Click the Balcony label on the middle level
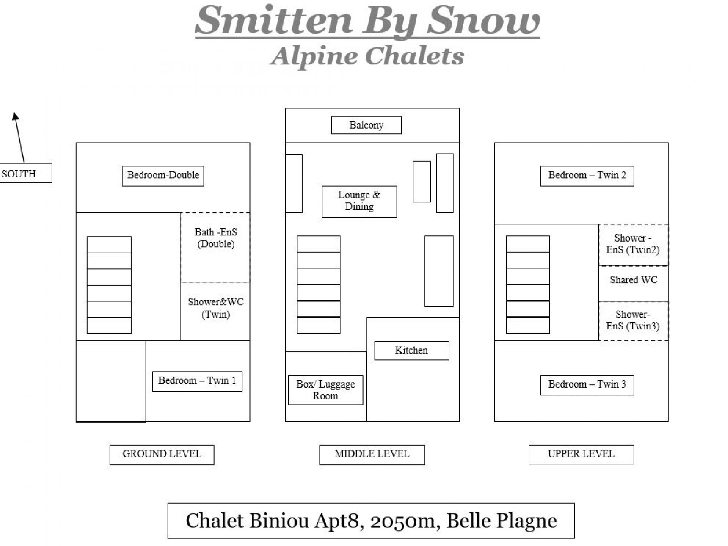point(366,125)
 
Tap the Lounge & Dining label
point(359,202)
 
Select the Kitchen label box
point(411,351)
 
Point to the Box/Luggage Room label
point(325,390)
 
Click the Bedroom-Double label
point(163,176)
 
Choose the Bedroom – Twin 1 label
point(197,381)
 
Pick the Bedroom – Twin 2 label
point(587,176)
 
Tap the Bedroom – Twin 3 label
point(587,385)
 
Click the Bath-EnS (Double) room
point(215,247)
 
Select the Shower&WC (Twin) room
point(215,312)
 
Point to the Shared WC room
point(633,283)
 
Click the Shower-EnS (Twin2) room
point(633,245)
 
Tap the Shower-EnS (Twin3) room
point(633,321)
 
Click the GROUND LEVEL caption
point(162,455)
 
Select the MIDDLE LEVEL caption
point(372,455)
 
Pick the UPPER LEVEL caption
point(581,454)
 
